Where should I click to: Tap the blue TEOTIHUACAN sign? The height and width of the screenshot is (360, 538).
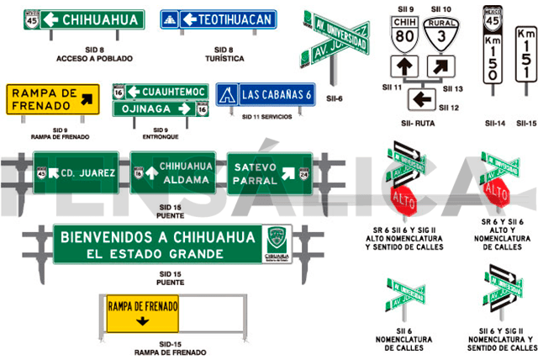coord(228,19)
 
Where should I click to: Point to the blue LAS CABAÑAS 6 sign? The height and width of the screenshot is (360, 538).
coord(266,95)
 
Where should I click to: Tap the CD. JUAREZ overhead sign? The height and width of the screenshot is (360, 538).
coord(76,173)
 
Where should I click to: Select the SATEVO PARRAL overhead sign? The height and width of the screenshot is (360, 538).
coord(268,172)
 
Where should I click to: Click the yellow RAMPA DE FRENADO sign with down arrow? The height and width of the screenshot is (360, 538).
coord(142,313)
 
